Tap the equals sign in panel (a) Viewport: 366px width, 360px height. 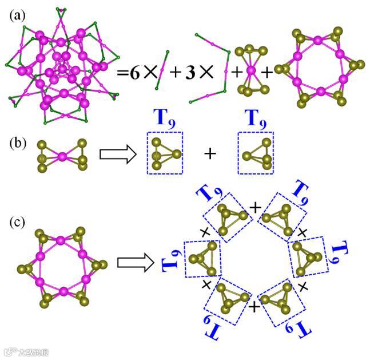pyautogui.click(x=122, y=73)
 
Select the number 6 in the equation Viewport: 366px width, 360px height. pyautogui.click(x=134, y=73)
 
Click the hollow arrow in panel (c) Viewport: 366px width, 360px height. pyautogui.click(x=135, y=262)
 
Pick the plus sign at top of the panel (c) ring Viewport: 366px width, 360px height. pyautogui.click(x=255, y=205)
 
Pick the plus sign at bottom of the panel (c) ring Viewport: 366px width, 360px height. pyautogui.click(x=255, y=308)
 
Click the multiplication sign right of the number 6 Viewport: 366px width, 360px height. pyautogui.click(x=149, y=73)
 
